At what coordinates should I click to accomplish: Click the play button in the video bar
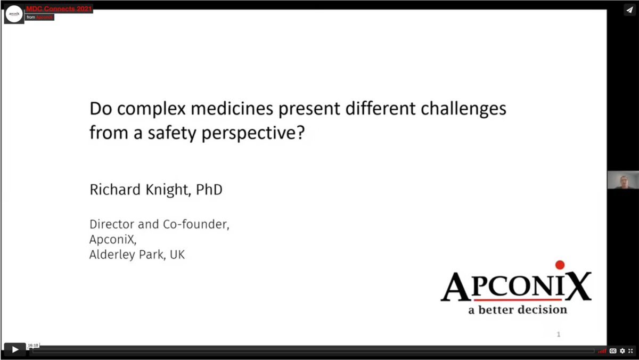(x=15, y=349)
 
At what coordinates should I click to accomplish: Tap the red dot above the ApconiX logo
(x=560, y=265)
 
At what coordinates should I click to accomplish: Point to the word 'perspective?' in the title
(x=253, y=133)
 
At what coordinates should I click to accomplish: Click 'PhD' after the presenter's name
(x=209, y=190)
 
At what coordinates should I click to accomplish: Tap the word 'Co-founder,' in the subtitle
(x=196, y=225)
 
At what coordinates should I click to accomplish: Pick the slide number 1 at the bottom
(x=559, y=334)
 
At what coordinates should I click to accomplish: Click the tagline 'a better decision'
(x=518, y=310)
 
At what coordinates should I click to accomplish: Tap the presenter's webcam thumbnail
(x=623, y=180)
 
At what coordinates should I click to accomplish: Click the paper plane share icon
(x=629, y=10)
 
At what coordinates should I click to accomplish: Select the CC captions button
(x=613, y=351)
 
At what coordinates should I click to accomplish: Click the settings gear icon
(x=622, y=351)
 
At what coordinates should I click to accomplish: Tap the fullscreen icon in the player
(x=630, y=351)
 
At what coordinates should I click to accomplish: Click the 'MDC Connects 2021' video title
(x=59, y=9)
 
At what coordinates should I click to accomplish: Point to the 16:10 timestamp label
(x=33, y=345)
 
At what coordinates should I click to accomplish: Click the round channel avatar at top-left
(x=14, y=14)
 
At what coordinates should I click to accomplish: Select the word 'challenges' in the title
(x=464, y=109)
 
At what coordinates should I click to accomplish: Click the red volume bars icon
(x=602, y=351)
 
